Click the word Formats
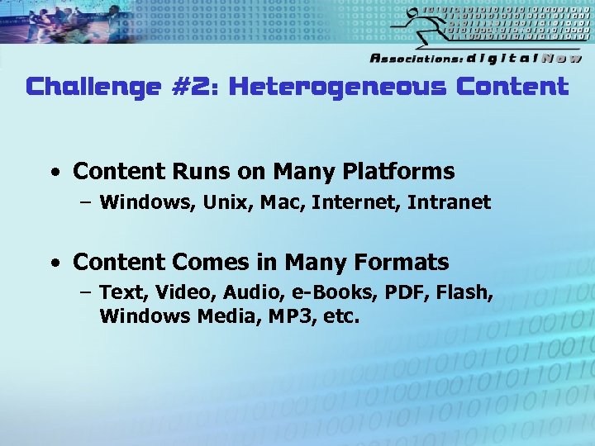pos(401,263)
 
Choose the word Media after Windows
pos(224,316)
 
